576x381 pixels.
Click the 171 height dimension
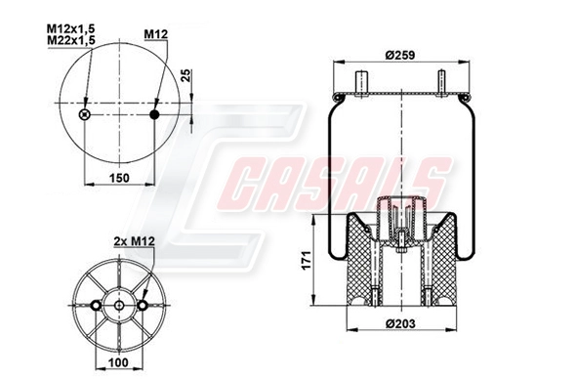[305, 261]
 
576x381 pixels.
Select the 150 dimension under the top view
[118, 178]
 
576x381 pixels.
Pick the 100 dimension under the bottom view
[118, 363]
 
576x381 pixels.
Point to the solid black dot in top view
[155, 115]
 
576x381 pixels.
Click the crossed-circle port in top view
[84, 115]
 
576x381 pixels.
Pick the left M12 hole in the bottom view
[96, 306]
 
